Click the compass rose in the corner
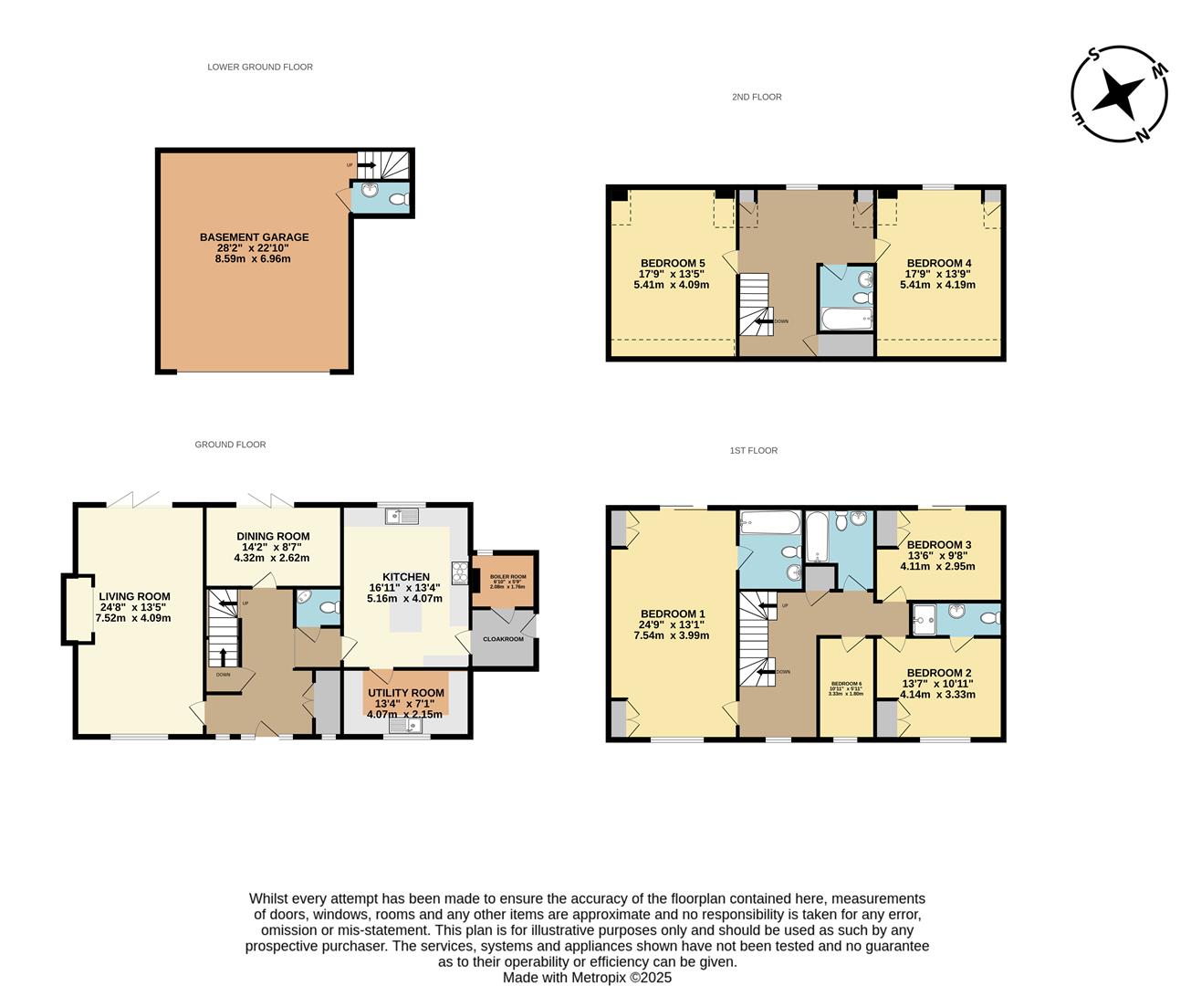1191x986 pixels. click(1119, 94)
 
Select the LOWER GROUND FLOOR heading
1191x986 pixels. click(260, 67)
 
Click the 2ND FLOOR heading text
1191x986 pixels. click(757, 97)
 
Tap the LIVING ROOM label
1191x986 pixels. click(134, 596)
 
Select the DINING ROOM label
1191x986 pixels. click(273, 537)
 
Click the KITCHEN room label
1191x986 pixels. click(405, 577)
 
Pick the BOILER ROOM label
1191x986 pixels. click(508, 577)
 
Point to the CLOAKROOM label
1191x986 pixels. click(503, 639)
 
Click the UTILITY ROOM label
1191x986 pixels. click(406, 693)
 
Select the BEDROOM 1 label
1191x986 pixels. click(673, 614)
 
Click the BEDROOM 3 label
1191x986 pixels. click(938, 545)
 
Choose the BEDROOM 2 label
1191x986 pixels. click(938, 673)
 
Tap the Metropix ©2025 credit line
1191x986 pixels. click(588, 978)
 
